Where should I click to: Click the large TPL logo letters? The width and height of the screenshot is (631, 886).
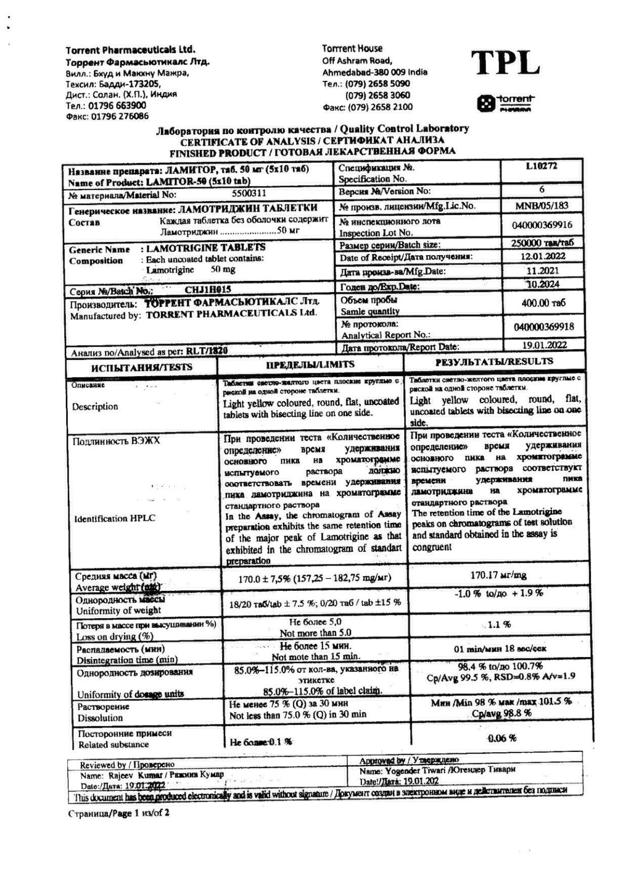click(x=505, y=63)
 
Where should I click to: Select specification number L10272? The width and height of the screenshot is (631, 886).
click(x=541, y=167)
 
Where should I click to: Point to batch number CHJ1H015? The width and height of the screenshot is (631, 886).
click(x=208, y=289)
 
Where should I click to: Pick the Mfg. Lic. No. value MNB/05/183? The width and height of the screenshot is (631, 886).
click(x=542, y=206)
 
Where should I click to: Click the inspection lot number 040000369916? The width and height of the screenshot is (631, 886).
click(x=542, y=225)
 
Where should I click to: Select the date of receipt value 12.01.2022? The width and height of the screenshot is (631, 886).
click(x=542, y=256)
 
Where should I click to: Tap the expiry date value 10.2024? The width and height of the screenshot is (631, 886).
click(x=543, y=284)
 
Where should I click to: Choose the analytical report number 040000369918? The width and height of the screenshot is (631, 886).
click(x=544, y=327)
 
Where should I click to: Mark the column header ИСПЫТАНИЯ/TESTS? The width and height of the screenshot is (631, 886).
click(x=141, y=367)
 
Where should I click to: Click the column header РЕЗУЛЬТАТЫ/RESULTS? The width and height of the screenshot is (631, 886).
click(x=494, y=361)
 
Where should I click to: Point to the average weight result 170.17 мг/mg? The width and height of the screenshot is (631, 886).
click(x=498, y=575)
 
